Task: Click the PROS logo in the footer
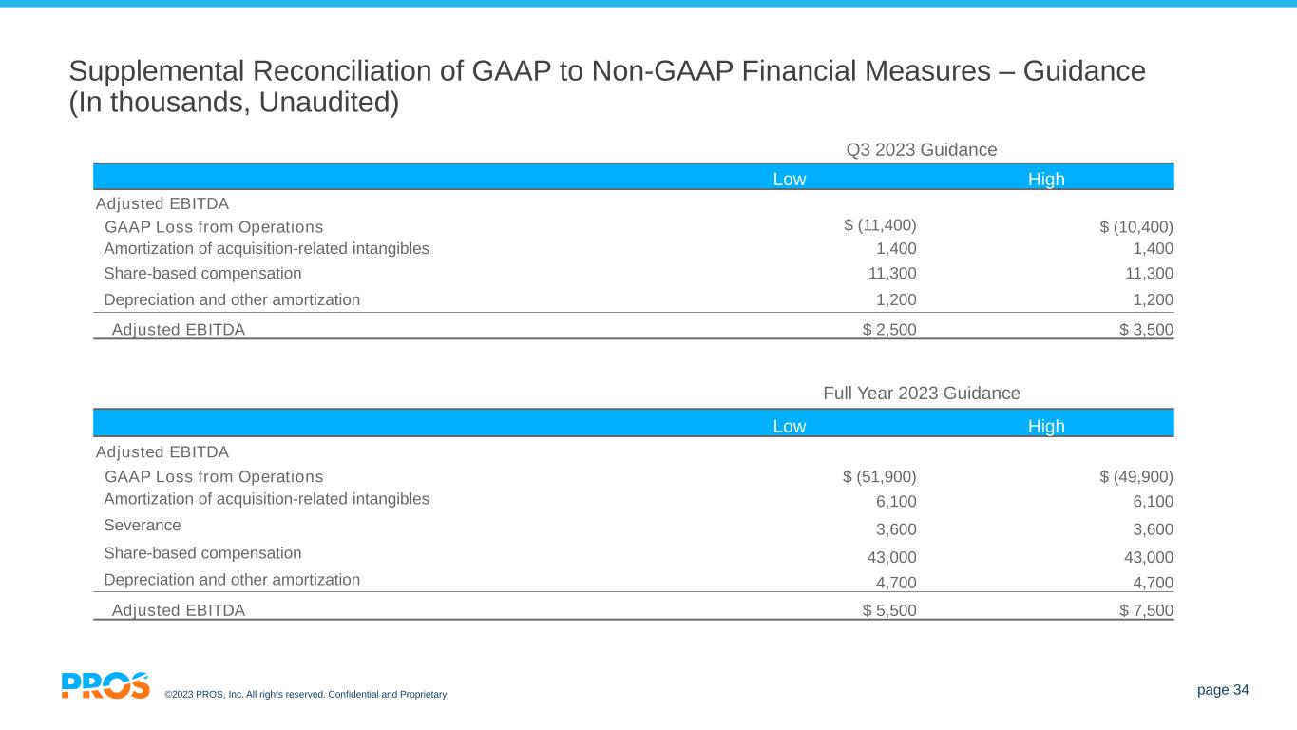point(105,685)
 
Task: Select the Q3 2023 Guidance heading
point(921,149)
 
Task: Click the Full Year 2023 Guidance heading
point(921,394)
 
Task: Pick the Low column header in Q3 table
point(790,180)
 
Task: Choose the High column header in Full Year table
point(1046,426)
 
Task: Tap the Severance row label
point(142,525)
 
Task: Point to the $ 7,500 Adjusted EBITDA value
point(1146,611)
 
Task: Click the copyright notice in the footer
point(305,695)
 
